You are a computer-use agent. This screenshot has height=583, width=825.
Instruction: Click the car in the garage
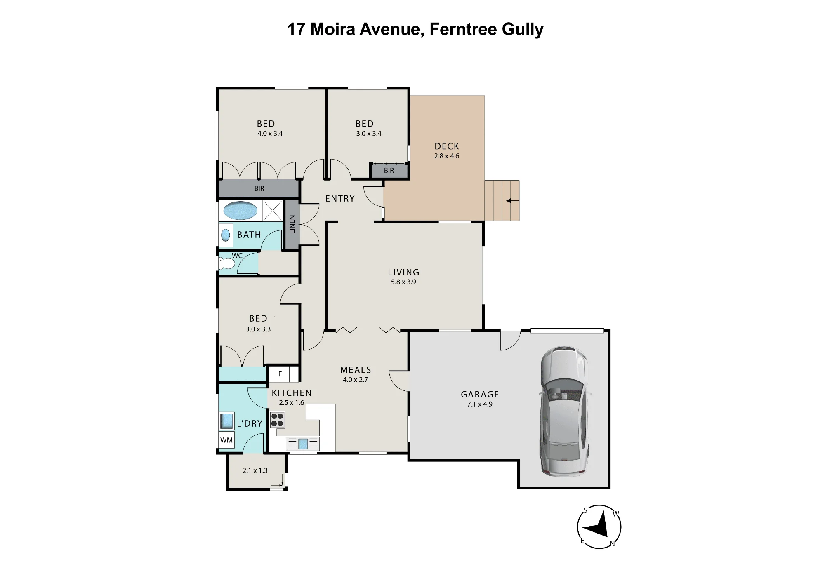tap(564, 411)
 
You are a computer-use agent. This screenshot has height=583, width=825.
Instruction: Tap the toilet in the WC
tap(226, 263)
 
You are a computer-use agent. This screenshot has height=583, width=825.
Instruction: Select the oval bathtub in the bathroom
tap(240, 210)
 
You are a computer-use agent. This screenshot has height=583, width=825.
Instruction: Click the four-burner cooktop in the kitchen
tap(277, 420)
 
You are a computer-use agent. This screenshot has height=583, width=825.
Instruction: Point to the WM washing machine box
tap(226, 440)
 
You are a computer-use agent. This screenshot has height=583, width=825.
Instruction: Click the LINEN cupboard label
tap(292, 224)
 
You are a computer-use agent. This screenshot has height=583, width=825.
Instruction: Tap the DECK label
tap(447, 146)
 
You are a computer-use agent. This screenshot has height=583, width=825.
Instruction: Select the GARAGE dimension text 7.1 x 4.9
tap(480, 404)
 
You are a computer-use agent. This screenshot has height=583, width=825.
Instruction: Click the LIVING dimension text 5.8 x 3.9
tap(403, 282)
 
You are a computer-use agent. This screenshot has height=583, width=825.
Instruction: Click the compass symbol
tap(599, 527)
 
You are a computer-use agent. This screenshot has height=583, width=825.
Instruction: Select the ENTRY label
tap(340, 199)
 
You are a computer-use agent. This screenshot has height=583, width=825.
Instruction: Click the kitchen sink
tap(303, 444)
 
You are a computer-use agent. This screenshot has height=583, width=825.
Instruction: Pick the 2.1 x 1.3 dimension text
tap(255, 470)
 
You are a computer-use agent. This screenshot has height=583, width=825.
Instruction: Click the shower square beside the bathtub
tap(272, 210)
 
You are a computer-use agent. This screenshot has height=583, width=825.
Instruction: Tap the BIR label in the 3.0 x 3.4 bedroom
tap(389, 171)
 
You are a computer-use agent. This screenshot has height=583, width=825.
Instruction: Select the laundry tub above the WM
tap(226, 421)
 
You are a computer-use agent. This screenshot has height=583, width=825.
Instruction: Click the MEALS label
tap(356, 370)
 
